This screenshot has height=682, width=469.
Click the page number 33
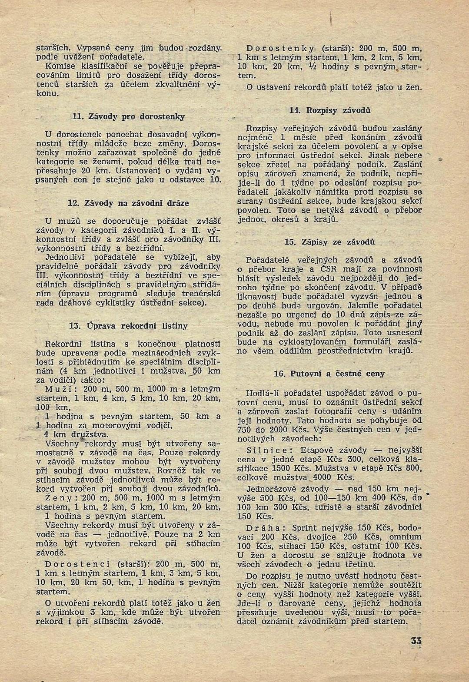tap(416, 641)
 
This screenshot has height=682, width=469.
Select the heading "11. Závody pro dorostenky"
tap(128, 116)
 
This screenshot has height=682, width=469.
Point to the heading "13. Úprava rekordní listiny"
tap(128, 325)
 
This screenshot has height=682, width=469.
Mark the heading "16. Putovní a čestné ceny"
tap(329, 374)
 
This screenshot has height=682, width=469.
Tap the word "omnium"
tap(408, 536)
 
